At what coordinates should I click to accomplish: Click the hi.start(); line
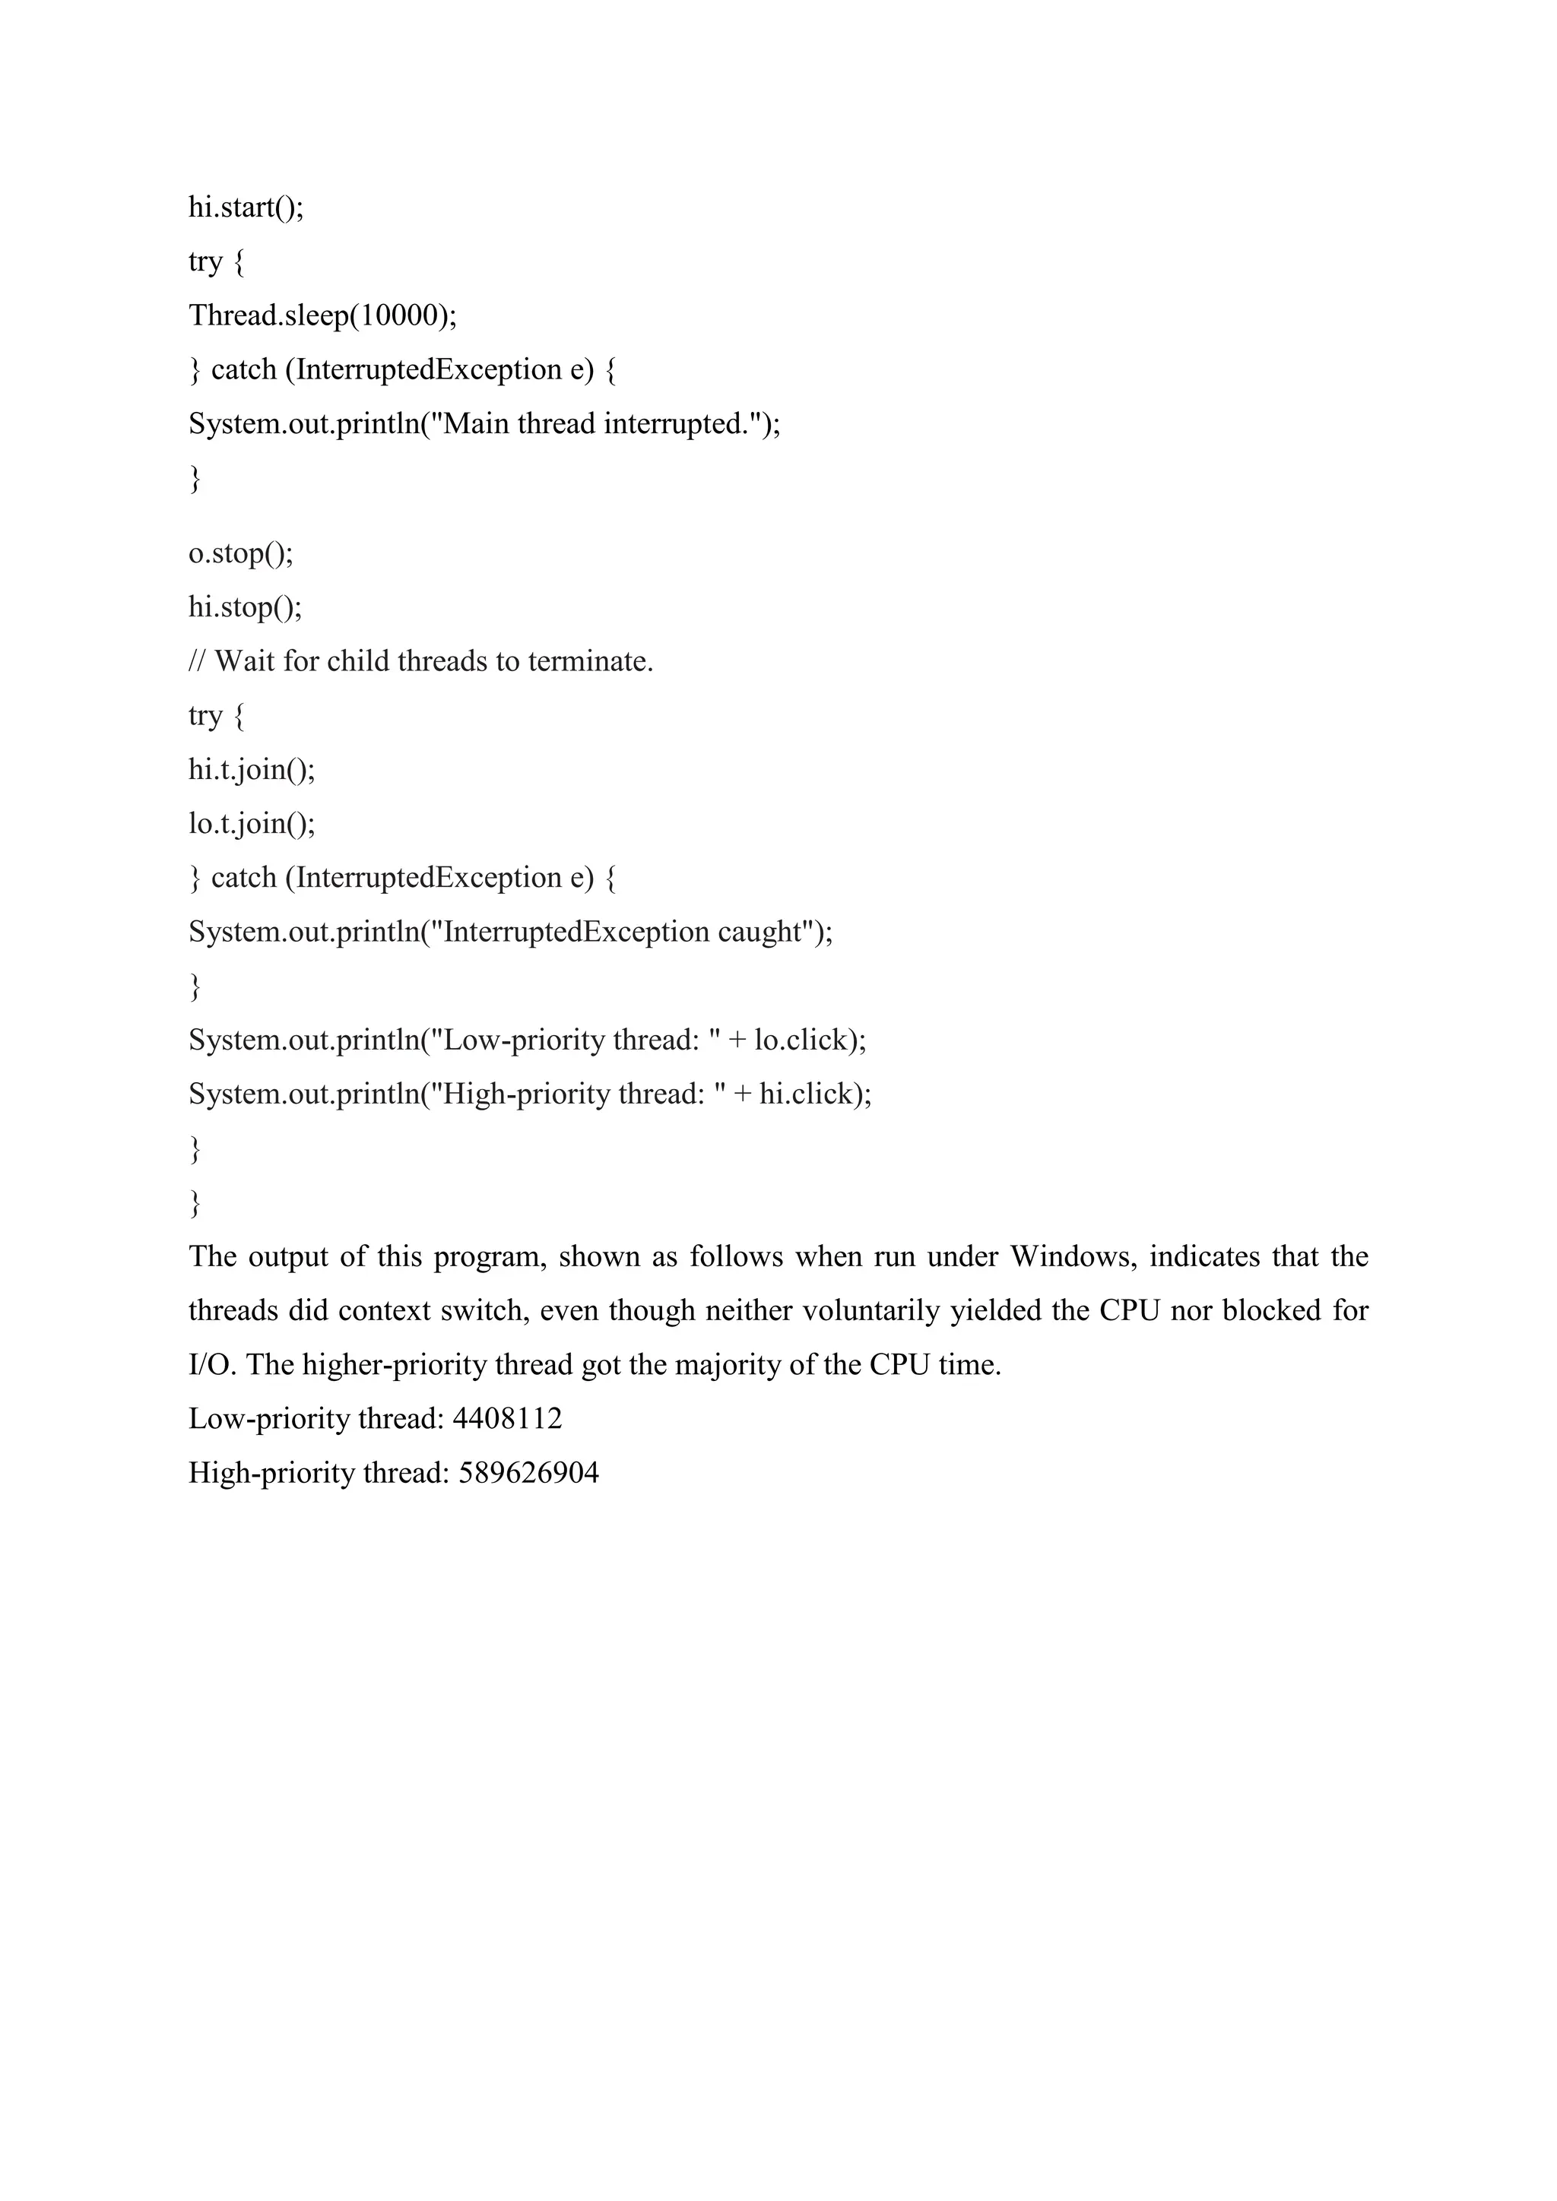(246, 207)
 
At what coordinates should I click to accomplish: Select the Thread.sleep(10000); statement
(322, 315)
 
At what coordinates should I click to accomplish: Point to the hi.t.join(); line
(251, 769)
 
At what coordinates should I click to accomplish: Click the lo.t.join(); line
(251, 823)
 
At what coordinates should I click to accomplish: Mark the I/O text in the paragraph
(211, 1364)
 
